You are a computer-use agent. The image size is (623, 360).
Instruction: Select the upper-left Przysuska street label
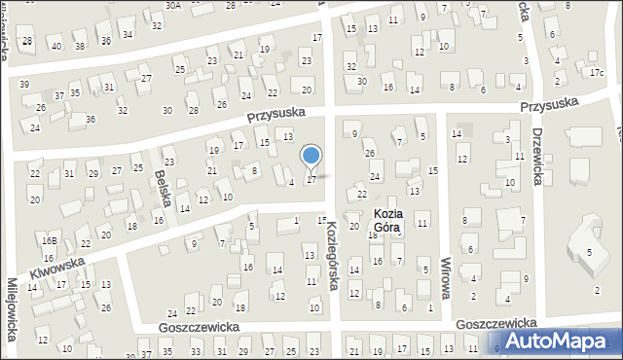point(275,114)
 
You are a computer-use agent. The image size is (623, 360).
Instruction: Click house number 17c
point(596,72)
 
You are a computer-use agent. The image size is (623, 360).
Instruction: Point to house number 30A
point(172,5)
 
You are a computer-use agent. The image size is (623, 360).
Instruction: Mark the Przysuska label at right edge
point(549,102)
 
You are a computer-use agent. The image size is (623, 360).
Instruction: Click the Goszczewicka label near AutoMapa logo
point(496,322)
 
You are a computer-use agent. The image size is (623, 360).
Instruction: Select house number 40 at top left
point(57,46)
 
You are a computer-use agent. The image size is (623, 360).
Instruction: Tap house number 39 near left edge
point(24,85)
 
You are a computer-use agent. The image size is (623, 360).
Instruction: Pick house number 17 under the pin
point(311,179)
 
